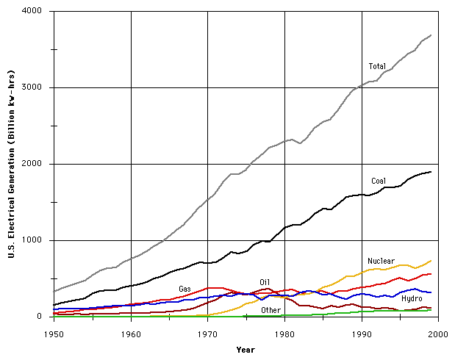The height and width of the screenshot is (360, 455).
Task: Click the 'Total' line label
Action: (x=377, y=67)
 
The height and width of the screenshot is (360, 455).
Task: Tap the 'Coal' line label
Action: (x=379, y=181)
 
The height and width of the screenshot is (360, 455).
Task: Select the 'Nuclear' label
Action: (x=381, y=261)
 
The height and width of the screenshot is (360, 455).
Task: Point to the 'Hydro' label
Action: (x=411, y=298)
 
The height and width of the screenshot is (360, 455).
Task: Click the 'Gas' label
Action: (x=184, y=289)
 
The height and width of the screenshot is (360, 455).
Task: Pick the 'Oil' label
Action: (x=265, y=282)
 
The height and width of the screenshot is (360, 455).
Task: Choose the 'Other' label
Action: (x=271, y=310)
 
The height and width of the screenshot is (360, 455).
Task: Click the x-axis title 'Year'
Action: (x=246, y=350)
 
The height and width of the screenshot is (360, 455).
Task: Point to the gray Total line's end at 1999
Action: (x=431, y=35)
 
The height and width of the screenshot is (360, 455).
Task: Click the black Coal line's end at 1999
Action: (x=431, y=172)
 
